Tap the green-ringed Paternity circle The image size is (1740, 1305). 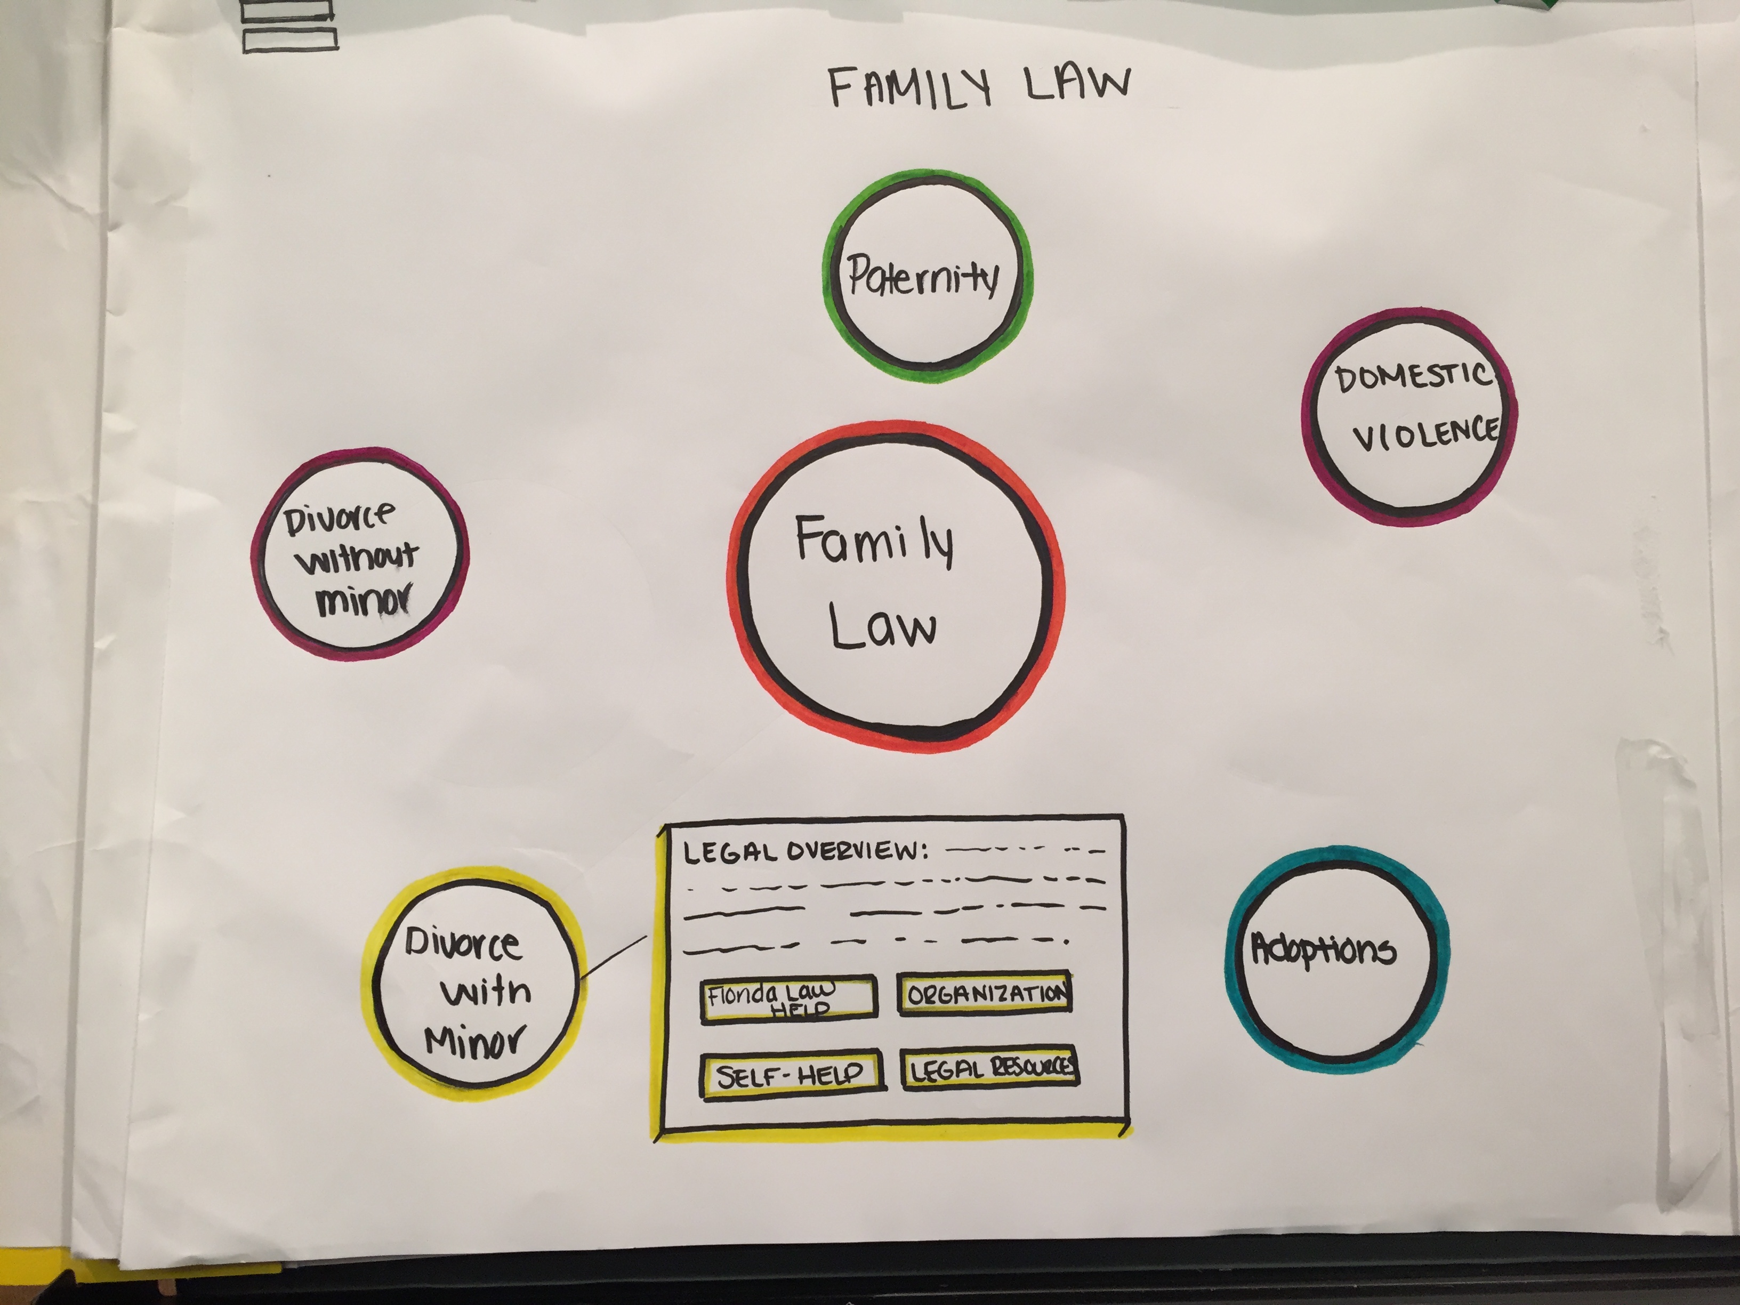[x=927, y=275]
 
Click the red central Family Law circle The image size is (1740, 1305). [x=895, y=585]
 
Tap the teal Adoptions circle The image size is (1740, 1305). [x=1336, y=959]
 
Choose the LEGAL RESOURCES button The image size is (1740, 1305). [x=989, y=1068]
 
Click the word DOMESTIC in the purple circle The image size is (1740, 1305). [x=1413, y=377]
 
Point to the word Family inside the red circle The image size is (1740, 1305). [x=875, y=541]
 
